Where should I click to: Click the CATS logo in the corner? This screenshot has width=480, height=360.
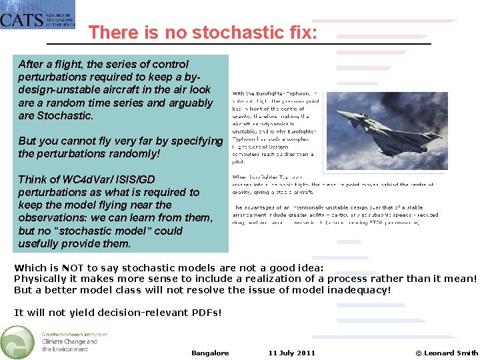(37, 14)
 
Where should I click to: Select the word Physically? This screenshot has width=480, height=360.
(41, 279)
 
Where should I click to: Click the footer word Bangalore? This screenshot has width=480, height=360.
(209, 353)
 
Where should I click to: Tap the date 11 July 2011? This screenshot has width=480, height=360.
(291, 353)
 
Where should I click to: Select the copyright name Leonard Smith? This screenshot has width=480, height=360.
(451, 353)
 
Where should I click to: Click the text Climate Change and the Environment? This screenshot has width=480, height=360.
(69, 345)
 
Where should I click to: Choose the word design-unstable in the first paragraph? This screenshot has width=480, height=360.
(55, 89)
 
